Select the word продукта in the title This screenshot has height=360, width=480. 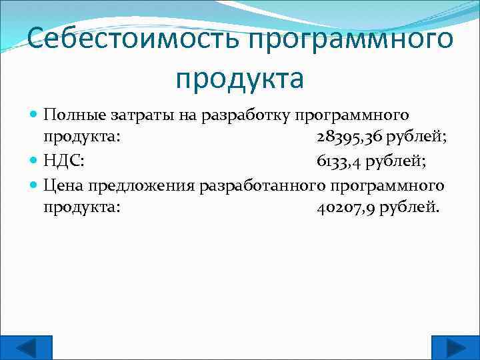point(240,78)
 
